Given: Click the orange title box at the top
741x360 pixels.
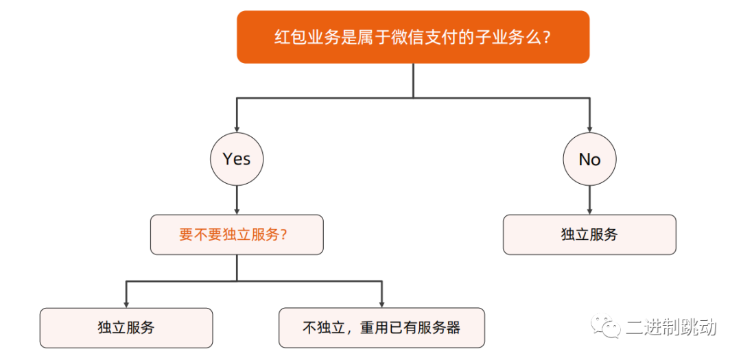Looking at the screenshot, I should pyautogui.click(x=413, y=37).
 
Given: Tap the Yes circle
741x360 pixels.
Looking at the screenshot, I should pyautogui.click(x=237, y=159).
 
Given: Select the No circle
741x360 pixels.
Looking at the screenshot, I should pyautogui.click(x=589, y=159).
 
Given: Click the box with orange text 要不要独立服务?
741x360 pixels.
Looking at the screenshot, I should pyautogui.click(x=237, y=235).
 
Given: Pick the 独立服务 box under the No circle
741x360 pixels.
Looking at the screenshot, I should pyautogui.click(x=589, y=235).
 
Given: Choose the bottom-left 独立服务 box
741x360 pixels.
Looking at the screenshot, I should pyautogui.click(x=126, y=327).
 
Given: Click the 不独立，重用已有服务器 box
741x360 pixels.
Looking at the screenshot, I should pyautogui.click(x=381, y=327).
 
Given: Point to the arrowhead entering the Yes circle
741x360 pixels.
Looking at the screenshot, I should pyautogui.click(x=237, y=128).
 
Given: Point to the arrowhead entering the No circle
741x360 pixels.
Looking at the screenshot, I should pyautogui.click(x=589, y=128).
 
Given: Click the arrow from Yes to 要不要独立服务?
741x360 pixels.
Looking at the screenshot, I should pyautogui.click(x=237, y=200).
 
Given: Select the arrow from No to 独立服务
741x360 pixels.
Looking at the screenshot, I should pyautogui.click(x=589, y=200).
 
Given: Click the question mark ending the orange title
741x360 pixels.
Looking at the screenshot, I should pyautogui.click(x=547, y=37).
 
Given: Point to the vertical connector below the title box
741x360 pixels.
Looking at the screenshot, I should pyautogui.click(x=413, y=80).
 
